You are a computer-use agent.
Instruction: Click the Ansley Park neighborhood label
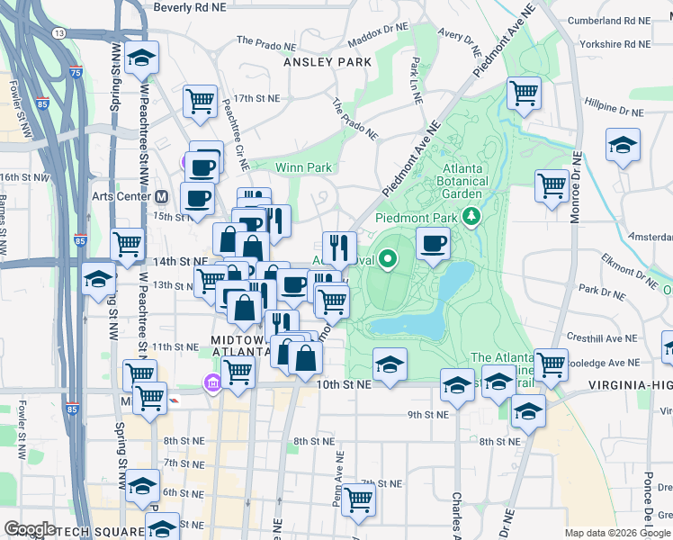[x=327, y=62]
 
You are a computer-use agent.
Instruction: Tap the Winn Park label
[x=303, y=167]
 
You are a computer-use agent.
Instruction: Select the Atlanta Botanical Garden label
[x=475, y=180]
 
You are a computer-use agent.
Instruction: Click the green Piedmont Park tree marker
[x=470, y=217]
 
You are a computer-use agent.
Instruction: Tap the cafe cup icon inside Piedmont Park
[x=434, y=242]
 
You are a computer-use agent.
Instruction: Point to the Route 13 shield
[x=59, y=32]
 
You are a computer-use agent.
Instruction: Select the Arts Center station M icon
[x=162, y=196]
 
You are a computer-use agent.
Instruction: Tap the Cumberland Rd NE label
[x=609, y=20]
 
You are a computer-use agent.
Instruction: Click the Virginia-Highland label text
[x=630, y=384]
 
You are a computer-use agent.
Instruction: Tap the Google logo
[x=31, y=529]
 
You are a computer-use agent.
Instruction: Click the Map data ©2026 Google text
[x=617, y=533]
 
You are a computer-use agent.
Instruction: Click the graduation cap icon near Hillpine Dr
[x=623, y=145]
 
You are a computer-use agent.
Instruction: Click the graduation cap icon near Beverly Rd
[x=141, y=58]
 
